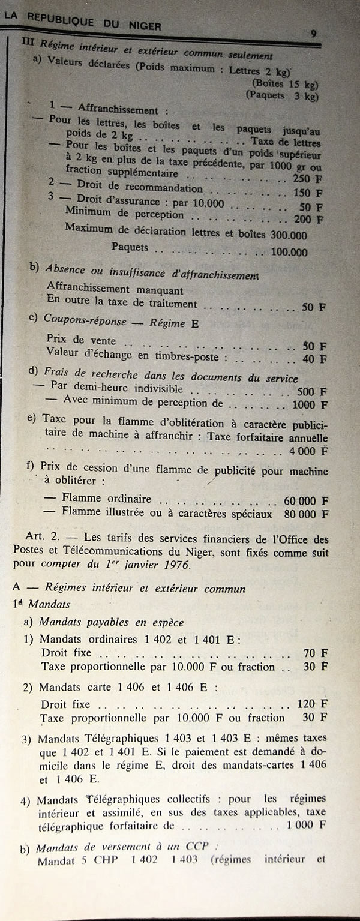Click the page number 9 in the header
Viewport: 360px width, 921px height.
314,34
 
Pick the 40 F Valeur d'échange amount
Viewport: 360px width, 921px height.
314,359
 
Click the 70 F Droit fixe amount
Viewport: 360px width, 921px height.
316,653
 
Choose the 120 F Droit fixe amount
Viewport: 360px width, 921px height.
313,703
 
